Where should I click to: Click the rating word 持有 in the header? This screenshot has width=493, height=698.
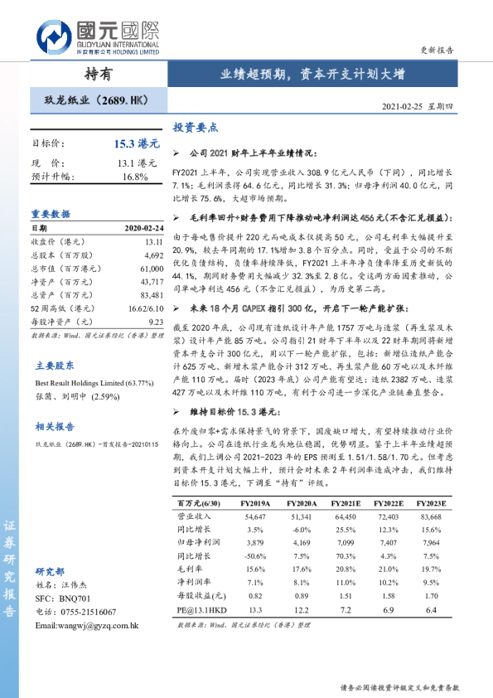tap(98, 74)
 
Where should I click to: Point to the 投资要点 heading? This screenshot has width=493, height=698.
tap(196, 128)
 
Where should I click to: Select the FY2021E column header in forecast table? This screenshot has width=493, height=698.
tap(346, 503)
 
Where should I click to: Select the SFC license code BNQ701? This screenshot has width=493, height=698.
tap(75, 598)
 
